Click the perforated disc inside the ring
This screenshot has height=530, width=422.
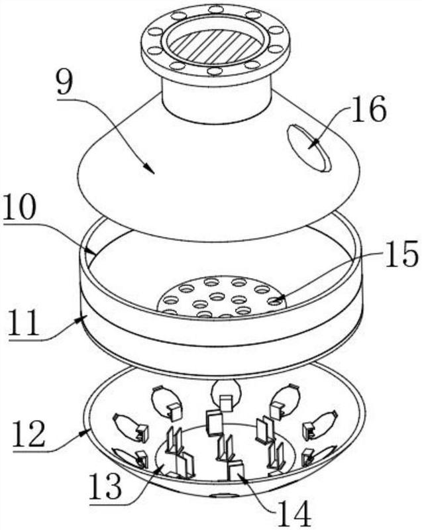219,296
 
